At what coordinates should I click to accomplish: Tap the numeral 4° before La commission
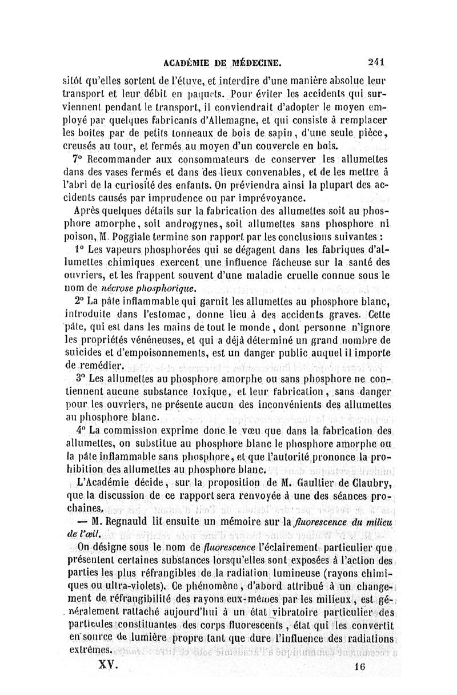click(x=81, y=429)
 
